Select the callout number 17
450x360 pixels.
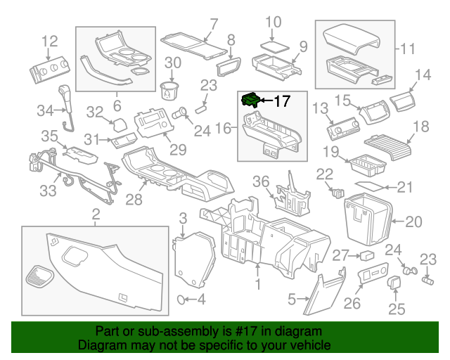pyautogui.click(x=281, y=102)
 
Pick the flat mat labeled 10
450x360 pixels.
pyautogui.click(x=274, y=43)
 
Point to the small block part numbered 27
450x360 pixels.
pyautogui.click(x=366, y=255)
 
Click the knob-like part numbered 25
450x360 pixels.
pyautogui.click(x=394, y=283)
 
